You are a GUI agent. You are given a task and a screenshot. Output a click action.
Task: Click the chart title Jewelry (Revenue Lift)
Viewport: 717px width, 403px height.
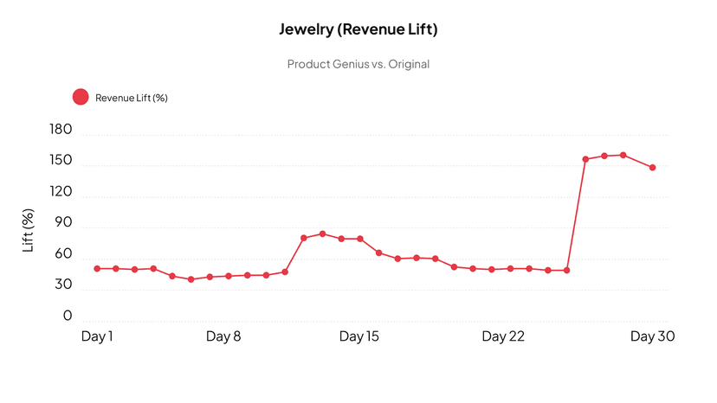point(358,29)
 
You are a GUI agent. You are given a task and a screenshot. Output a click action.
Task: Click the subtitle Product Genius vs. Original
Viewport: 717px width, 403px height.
point(358,64)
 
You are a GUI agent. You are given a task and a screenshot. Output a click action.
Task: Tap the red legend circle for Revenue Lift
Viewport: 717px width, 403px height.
point(81,97)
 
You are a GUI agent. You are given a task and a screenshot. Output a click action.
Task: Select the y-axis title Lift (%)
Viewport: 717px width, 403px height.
point(28,230)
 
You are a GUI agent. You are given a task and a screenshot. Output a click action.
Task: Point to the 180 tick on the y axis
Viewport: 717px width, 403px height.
point(61,131)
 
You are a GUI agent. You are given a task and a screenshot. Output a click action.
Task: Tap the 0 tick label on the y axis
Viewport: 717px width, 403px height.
point(68,317)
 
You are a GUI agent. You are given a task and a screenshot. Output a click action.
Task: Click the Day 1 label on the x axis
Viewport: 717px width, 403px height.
point(97,336)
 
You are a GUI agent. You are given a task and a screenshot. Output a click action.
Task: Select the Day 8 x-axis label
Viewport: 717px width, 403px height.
point(223,336)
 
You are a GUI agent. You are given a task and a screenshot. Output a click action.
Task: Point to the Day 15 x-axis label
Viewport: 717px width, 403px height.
point(359,336)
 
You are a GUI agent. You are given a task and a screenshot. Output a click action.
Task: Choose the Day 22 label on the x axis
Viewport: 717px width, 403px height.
point(503,336)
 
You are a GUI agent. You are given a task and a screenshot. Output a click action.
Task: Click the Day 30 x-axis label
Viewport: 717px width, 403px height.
point(652,336)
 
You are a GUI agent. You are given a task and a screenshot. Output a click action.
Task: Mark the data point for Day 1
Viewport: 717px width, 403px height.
point(97,269)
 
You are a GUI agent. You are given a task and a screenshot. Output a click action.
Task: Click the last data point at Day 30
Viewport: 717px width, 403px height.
point(652,168)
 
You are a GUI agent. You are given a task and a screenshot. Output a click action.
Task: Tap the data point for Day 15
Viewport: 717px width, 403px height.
point(360,239)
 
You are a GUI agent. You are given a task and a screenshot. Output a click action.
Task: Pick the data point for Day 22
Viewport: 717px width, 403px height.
point(492,270)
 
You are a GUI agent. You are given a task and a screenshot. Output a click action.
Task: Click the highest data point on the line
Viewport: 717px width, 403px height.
point(623,155)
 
